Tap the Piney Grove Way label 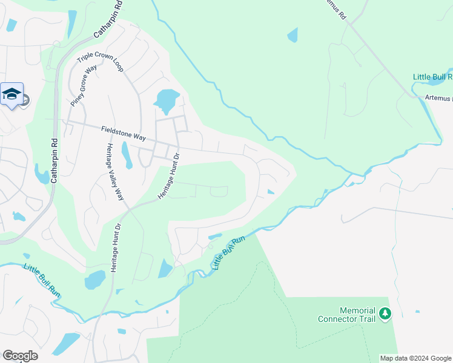84,87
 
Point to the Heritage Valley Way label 111,172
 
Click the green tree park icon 385,314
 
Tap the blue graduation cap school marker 12,94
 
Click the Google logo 20,356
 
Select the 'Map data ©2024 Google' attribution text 415,358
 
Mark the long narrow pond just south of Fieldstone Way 126,155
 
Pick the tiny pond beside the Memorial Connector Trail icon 417,312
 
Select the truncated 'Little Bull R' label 432,77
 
